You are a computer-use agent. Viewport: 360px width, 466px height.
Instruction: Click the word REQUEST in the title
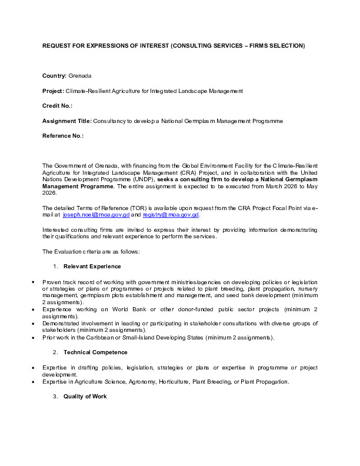(56, 45)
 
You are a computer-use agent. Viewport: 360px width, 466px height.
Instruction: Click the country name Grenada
(80, 76)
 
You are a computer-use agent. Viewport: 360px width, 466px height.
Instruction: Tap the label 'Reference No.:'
(63, 135)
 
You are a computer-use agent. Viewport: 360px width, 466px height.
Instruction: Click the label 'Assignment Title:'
(67, 121)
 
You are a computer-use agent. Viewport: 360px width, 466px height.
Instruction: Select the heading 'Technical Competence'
(95, 352)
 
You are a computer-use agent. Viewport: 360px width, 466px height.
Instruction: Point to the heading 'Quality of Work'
(85, 397)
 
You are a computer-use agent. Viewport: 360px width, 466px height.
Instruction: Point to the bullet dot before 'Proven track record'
(32, 282)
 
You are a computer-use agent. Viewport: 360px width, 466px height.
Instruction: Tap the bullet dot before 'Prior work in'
(32, 337)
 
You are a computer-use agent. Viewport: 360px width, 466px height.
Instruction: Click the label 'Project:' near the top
(53, 91)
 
